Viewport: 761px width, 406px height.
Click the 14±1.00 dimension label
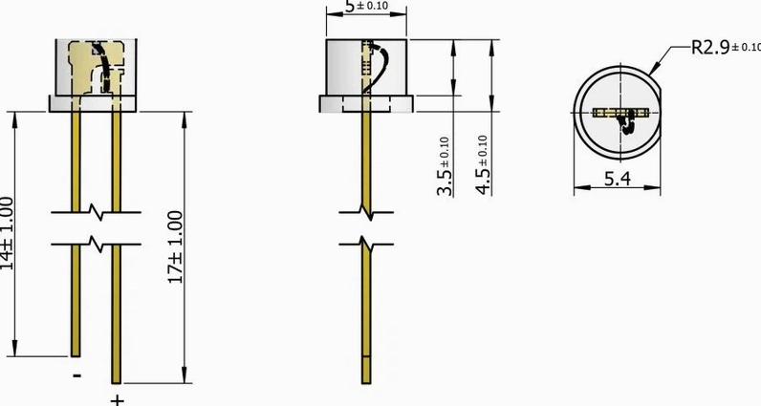click(8, 232)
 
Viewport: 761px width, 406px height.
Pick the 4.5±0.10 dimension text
click(484, 165)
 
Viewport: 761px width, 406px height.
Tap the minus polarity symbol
click(76, 374)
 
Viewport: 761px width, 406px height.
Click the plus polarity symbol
click(117, 395)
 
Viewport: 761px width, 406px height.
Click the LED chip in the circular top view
click(620, 114)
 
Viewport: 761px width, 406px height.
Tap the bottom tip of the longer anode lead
click(117, 379)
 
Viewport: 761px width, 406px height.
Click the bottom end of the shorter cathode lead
click(76, 353)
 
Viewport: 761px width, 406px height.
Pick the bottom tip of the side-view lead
click(368, 378)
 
